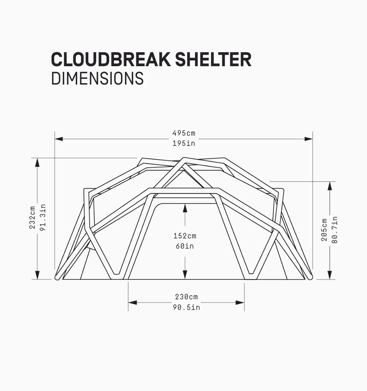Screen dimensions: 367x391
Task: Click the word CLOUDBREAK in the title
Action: tap(111, 59)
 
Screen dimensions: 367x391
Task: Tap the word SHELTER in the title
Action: tap(213, 59)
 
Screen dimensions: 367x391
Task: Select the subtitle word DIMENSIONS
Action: tap(97, 78)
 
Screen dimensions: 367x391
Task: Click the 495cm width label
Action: tap(184, 133)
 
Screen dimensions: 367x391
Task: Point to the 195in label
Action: tap(184, 144)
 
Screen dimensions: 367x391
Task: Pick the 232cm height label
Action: tap(32, 218)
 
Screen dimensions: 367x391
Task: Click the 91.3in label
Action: tap(43, 218)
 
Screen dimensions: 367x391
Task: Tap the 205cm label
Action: tap(324, 230)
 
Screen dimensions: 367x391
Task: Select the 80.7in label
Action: tap(335, 230)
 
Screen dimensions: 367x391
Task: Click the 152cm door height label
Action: tap(185, 236)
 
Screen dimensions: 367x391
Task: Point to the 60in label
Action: tap(185, 246)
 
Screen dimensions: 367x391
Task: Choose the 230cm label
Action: tap(187, 297)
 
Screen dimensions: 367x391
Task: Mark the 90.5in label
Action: tap(187, 307)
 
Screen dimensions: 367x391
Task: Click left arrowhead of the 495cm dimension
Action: tap(59, 139)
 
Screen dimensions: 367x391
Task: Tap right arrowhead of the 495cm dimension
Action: tap(309, 139)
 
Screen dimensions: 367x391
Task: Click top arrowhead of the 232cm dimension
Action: tap(37, 163)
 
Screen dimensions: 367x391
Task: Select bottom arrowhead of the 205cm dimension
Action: tap(330, 275)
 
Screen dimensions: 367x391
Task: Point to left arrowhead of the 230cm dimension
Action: tap(132, 303)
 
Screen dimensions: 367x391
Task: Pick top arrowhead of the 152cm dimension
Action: tap(185, 208)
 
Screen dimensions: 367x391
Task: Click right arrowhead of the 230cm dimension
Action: tap(240, 303)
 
